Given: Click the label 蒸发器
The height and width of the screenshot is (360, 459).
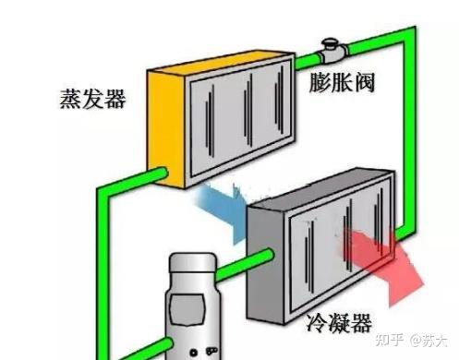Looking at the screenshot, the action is (x=92, y=99).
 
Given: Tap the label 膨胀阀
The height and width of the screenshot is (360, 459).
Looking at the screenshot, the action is (x=342, y=82).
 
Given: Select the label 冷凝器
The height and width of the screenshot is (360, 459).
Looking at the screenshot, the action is (x=339, y=323).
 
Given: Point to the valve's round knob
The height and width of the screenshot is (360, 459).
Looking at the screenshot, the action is (x=330, y=42).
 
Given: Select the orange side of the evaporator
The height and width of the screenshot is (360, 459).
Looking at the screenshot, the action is (x=165, y=129).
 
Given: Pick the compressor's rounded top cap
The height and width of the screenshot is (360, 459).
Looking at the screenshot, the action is (x=192, y=263).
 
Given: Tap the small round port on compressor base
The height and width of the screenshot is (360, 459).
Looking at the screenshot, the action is (x=193, y=353).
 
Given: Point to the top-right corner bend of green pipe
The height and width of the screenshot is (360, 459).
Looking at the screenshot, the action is (x=409, y=33).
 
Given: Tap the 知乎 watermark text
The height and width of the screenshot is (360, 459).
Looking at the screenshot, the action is (x=389, y=340).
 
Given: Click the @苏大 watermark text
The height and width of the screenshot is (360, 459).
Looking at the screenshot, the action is (x=428, y=341).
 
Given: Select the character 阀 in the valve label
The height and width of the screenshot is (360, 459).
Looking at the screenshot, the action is (x=365, y=82).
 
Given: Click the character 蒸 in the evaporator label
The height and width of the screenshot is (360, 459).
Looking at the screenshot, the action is (x=70, y=99).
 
